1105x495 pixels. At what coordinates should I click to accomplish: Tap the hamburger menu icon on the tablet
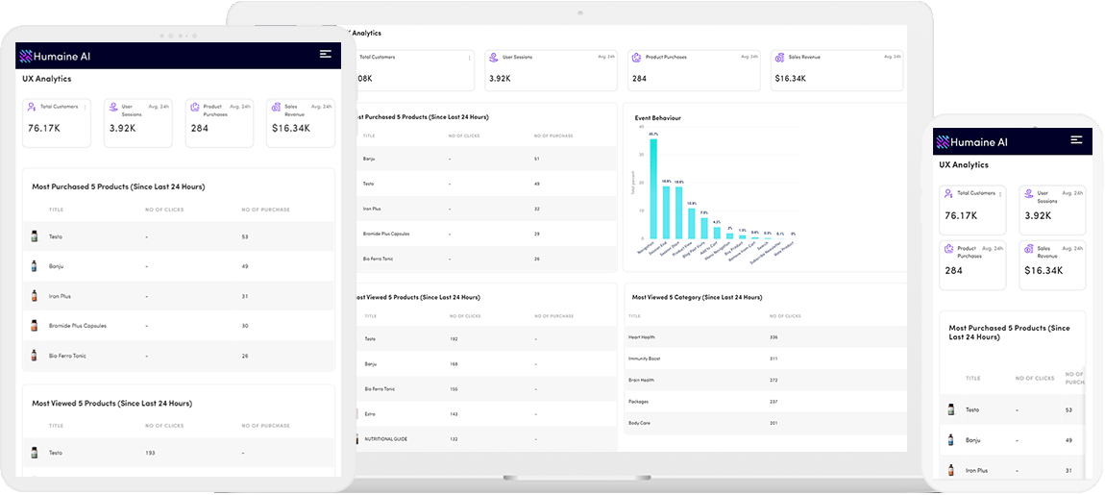[326, 55]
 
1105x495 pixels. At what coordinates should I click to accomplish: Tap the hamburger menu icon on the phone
[1076, 140]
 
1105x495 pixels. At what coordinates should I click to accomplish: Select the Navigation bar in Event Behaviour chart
[653, 188]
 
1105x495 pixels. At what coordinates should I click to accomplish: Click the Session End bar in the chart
[666, 211]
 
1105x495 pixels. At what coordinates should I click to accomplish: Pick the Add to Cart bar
[717, 232]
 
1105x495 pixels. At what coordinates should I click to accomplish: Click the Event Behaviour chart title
[657, 118]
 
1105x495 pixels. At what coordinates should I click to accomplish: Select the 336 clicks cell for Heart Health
[773, 337]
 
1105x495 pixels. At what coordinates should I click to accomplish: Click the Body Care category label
[639, 422]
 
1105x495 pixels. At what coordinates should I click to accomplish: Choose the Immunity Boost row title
[644, 359]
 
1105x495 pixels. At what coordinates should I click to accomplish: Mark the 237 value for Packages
[773, 401]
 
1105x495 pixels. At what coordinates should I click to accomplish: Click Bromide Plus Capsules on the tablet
[77, 326]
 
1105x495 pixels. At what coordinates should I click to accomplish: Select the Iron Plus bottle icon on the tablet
[35, 296]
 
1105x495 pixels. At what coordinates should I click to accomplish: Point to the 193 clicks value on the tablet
[149, 453]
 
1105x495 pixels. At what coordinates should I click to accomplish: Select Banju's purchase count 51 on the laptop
[535, 159]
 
